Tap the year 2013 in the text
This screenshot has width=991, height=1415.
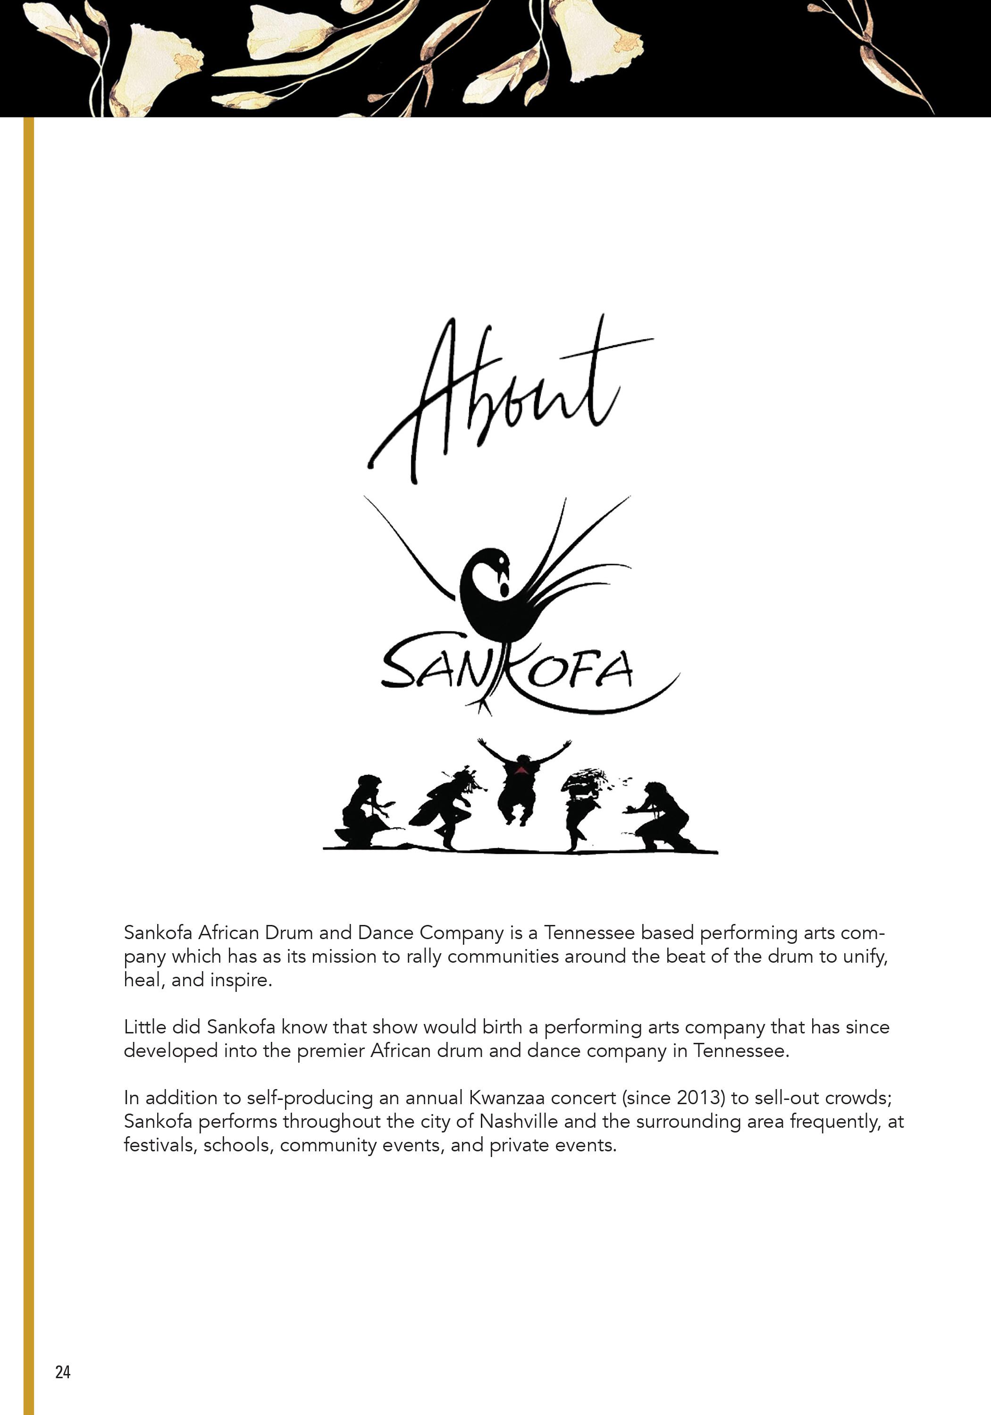(x=701, y=1098)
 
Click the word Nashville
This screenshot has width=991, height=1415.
(x=519, y=1121)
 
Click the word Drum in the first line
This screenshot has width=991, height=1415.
(x=289, y=932)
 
